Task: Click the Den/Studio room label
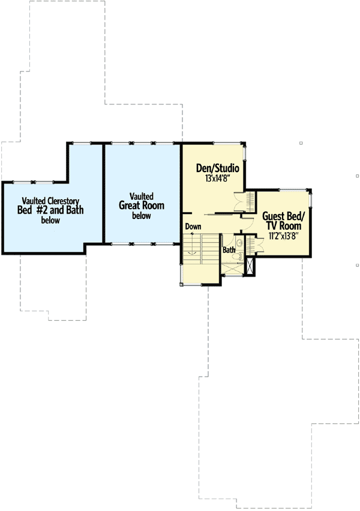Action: (214, 169)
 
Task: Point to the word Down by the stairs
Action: (193, 227)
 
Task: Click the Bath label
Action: (229, 250)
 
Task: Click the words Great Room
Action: (142, 206)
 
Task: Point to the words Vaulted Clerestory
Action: (51, 200)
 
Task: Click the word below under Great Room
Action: (142, 216)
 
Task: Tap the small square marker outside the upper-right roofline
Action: (301, 143)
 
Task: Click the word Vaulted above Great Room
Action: (142, 196)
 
